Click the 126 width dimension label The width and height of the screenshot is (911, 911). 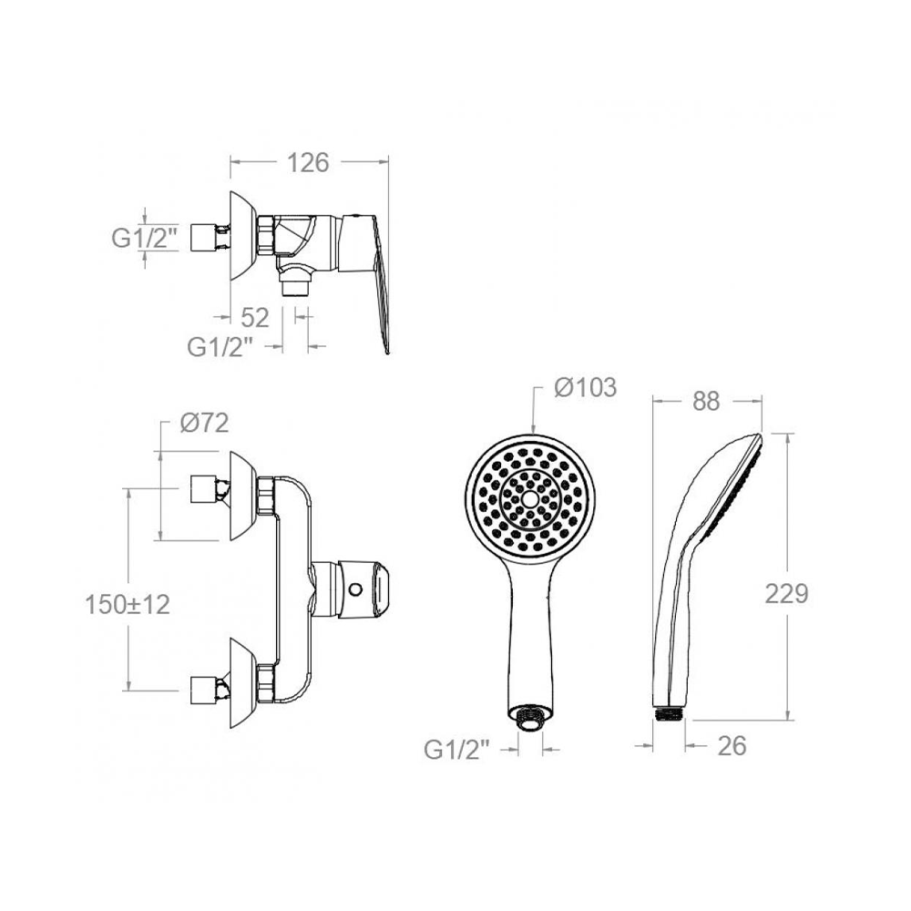coord(309,163)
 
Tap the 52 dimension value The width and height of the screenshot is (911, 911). coord(255,318)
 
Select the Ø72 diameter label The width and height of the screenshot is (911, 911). coord(204,424)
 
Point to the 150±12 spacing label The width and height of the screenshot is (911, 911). coord(128,605)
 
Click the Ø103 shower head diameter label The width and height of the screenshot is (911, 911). coord(585,387)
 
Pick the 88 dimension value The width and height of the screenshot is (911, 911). coord(707,402)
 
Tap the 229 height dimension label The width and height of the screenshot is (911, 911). coord(787,594)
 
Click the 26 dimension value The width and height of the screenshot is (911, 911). coord(732,747)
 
